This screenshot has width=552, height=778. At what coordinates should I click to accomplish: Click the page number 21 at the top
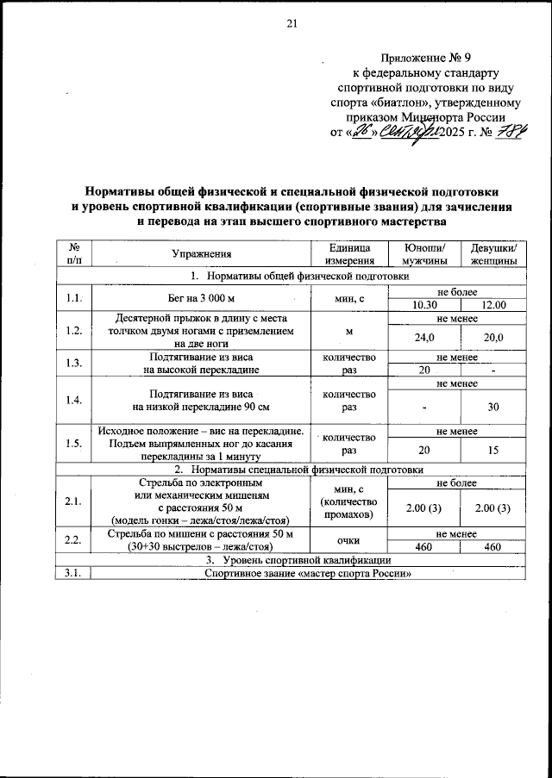(x=292, y=23)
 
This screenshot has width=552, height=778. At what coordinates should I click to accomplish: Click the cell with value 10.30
(x=424, y=304)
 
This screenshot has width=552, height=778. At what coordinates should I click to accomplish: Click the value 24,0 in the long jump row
(x=424, y=338)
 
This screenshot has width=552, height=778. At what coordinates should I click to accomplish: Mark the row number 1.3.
(x=73, y=363)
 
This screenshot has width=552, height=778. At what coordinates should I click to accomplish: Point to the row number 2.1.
(x=73, y=501)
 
